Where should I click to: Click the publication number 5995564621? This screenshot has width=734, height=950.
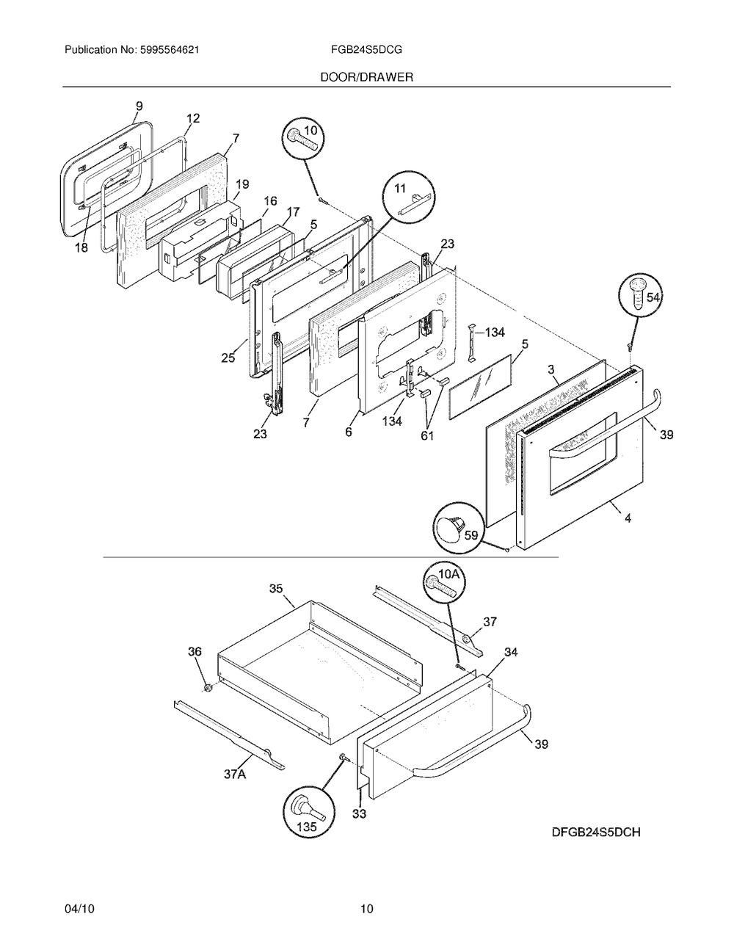click(x=170, y=50)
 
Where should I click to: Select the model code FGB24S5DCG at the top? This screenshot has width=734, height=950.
click(x=366, y=50)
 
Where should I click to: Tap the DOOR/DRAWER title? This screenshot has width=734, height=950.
click(x=366, y=77)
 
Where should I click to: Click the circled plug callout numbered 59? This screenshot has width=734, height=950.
click(x=459, y=528)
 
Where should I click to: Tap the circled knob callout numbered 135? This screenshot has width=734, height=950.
click(x=309, y=816)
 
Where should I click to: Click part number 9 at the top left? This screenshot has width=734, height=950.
click(x=139, y=106)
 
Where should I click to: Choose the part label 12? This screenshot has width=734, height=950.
click(x=192, y=118)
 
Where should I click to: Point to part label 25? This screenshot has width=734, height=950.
click(x=228, y=358)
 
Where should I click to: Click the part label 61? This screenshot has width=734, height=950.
click(x=427, y=435)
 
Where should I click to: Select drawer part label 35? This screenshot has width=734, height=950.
click(x=276, y=589)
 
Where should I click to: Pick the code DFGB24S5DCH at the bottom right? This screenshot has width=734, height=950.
click(x=596, y=833)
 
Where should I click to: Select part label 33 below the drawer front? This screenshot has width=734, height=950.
click(x=359, y=813)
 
